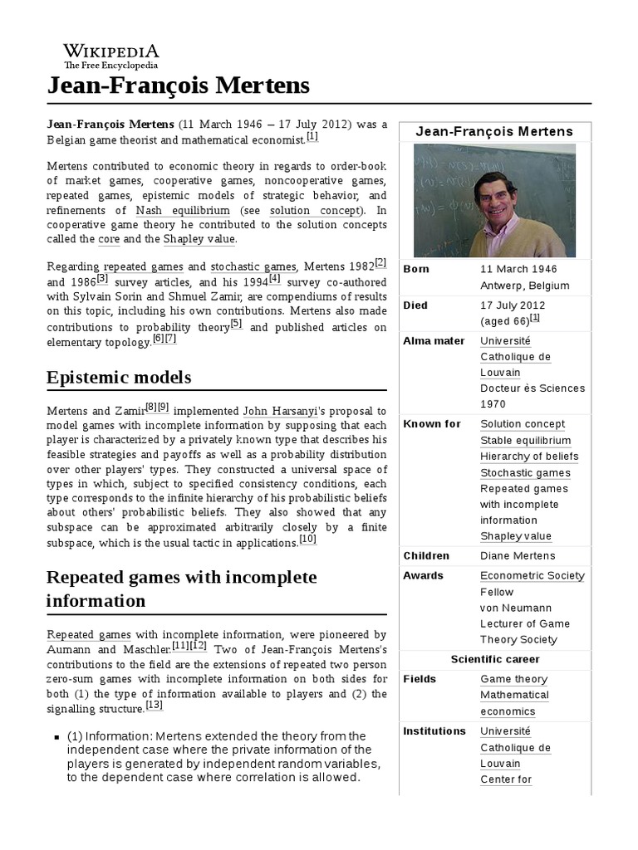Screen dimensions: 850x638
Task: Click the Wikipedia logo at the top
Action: (111, 55)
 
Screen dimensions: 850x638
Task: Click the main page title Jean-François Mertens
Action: (178, 85)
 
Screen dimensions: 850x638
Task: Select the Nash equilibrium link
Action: (183, 209)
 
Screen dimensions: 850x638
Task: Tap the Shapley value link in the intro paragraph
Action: (199, 239)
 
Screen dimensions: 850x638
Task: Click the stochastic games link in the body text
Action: (253, 266)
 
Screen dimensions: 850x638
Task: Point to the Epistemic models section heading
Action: (120, 377)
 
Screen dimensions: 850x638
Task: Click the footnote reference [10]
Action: (307, 540)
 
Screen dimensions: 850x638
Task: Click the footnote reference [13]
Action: (155, 706)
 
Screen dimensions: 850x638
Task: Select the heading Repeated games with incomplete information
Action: (182, 588)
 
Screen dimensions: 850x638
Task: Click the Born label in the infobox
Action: (416, 269)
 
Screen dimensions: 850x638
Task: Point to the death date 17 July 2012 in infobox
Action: (512, 305)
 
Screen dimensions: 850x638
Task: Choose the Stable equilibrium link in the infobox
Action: (525, 441)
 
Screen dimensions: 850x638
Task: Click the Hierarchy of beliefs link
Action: (529, 457)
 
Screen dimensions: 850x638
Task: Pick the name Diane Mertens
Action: (518, 556)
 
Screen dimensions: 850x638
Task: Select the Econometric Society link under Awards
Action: (532, 576)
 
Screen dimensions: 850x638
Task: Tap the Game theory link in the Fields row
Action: (513, 679)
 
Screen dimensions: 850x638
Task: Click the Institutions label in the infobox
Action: (434, 731)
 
